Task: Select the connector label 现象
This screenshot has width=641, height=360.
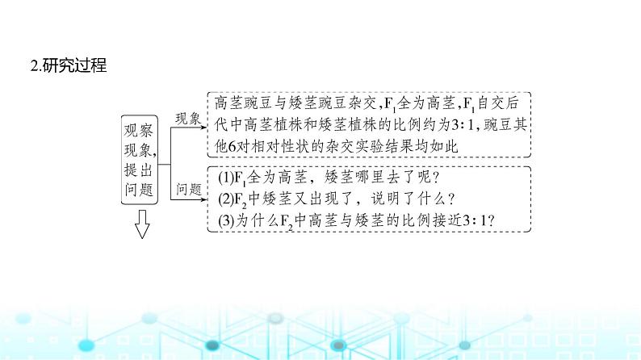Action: (x=187, y=118)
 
